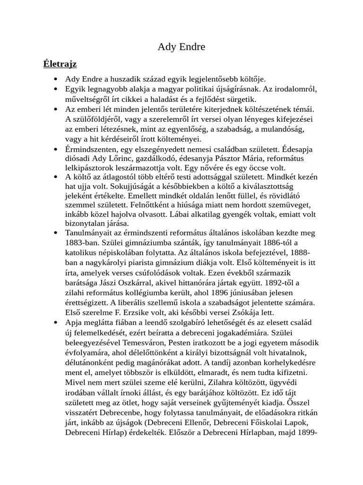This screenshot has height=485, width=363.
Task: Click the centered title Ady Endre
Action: pyautogui.click(x=181, y=47)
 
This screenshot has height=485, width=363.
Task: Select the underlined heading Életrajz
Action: pyautogui.click(x=60, y=63)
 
